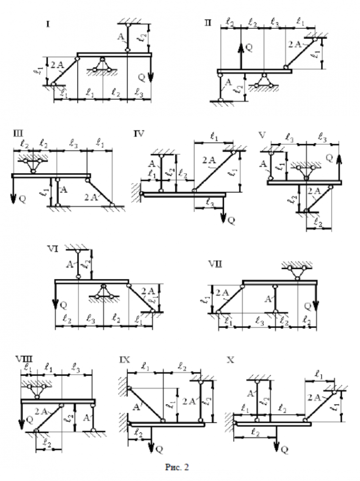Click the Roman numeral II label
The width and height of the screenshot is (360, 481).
[208, 22]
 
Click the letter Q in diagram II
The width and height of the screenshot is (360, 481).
[249, 47]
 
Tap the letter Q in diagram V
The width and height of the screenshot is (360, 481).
[330, 157]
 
